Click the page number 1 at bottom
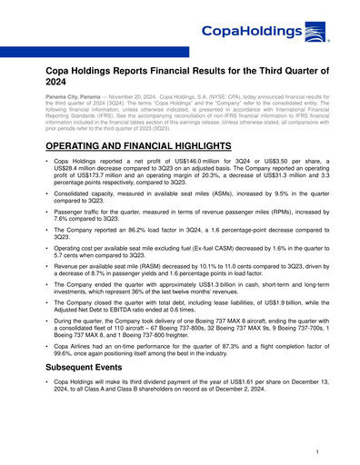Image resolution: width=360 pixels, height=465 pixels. [x=314, y=450]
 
